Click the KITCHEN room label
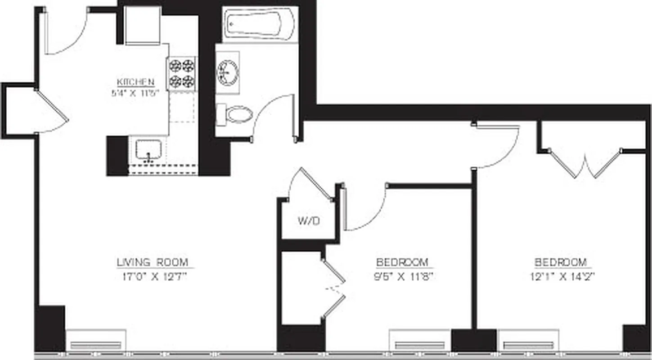[136, 82]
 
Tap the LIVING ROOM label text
[153, 262]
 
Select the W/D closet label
[309, 221]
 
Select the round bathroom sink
[228, 72]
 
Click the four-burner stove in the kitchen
[182, 73]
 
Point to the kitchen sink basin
[148, 150]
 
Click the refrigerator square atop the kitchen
[143, 25]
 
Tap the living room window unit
[96, 340]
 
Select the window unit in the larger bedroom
[528, 341]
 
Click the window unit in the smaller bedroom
[419, 341]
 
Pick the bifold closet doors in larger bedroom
[585, 164]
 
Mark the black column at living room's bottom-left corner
[50, 328]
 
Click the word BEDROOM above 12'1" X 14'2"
[561, 262]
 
